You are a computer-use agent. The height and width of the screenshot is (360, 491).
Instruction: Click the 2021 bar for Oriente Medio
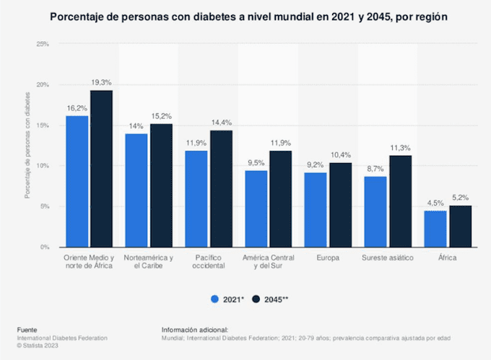(77, 181)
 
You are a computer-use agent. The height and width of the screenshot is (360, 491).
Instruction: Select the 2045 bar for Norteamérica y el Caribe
(160, 185)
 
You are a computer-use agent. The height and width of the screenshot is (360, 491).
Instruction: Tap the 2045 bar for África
(459, 226)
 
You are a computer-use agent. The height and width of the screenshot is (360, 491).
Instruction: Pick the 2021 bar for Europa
(316, 209)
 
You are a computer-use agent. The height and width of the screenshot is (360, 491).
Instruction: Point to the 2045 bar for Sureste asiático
(399, 201)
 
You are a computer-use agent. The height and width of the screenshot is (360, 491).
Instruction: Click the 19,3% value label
(101, 83)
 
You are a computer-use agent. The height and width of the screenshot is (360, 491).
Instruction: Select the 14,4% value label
(220, 123)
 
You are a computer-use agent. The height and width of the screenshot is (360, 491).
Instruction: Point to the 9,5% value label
(256, 163)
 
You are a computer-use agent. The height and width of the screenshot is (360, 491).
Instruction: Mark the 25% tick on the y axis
(43, 44)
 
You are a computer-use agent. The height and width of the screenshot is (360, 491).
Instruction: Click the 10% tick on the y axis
(43, 166)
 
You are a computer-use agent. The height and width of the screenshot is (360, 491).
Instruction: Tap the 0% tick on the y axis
(44, 247)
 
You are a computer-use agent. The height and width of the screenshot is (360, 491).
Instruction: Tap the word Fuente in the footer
(29, 330)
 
